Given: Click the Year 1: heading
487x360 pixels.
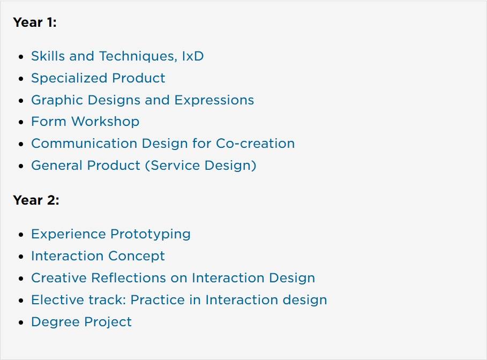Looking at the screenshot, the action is pos(35,22).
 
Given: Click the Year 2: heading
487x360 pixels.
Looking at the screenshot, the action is pos(36,200).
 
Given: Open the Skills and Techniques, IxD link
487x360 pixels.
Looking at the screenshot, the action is pos(117,56).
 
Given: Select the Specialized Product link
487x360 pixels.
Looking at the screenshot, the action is pos(98,78).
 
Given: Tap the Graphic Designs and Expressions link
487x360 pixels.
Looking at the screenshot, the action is pos(143,100).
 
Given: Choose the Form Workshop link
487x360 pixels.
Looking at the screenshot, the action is pos(85,122).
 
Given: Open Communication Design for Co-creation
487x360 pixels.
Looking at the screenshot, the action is pos(163,144).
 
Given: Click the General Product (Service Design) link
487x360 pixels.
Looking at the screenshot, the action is pos(144,165).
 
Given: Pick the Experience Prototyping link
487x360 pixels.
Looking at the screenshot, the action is pos(111,234).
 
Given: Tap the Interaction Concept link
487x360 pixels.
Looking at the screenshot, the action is pos(98,256).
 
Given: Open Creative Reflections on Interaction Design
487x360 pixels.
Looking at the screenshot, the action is pos(173,277).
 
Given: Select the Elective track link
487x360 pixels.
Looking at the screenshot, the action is pos(179,300).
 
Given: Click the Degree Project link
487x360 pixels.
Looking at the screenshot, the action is pos(81,322).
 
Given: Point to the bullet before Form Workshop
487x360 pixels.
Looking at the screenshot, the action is pos(21,122).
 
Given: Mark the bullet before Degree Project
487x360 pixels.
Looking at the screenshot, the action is pos(21,322).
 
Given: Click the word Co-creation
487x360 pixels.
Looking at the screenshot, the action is pos(255,144).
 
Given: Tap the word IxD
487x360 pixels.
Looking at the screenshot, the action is pos(193,56).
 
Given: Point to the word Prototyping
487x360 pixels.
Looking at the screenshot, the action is pos(151,234).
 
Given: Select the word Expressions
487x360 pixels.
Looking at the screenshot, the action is pos(214,100).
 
